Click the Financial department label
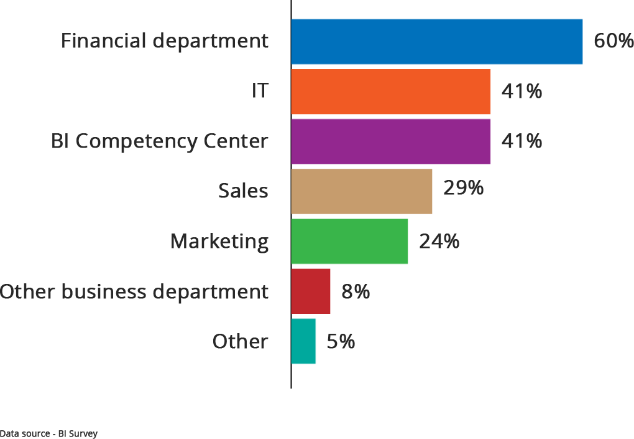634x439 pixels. click(x=165, y=41)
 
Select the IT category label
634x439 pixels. click(x=260, y=91)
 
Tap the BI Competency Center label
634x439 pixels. click(x=160, y=141)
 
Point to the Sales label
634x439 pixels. click(x=243, y=191)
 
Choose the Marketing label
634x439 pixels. click(x=219, y=241)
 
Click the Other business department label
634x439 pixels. click(x=134, y=291)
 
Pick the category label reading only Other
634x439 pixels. click(x=241, y=341)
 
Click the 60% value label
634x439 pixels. click(x=613, y=41)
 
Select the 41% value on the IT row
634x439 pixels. click(x=521, y=91)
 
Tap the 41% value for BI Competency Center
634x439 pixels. click(x=521, y=141)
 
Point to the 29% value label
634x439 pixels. click(x=463, y=187)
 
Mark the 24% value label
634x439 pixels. click(x=439, y=241)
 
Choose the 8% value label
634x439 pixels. click(x=356, y=291)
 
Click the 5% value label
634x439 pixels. click(x=341, y=341)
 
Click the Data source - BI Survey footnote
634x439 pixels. click(x=48, y=433)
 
